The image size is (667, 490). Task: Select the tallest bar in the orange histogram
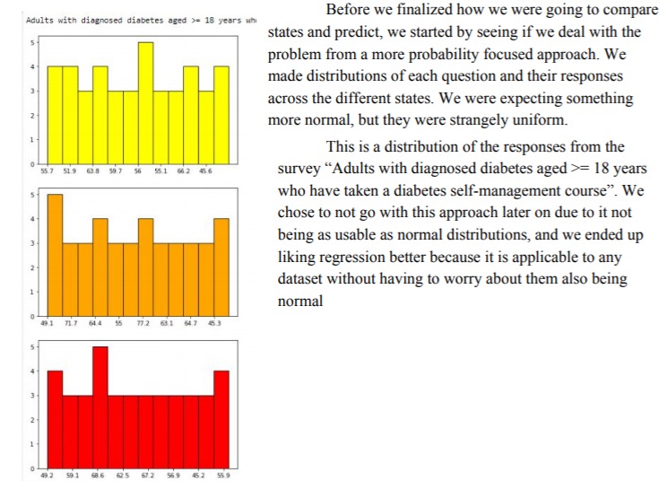click(x=55, y=255)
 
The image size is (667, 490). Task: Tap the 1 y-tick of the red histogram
click(x=33, y=444)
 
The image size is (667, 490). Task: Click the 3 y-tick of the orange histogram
click(x=33, y=243)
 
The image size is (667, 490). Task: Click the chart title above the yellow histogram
click(x=134, y=20)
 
